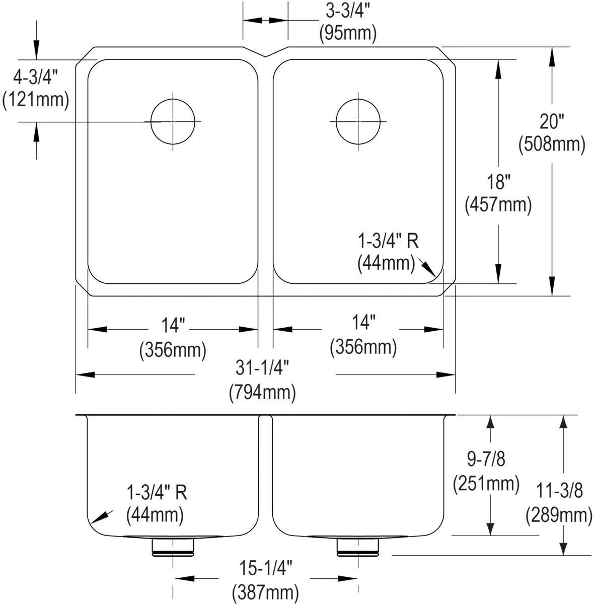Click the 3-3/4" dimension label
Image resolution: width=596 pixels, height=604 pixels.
tap(348, 12)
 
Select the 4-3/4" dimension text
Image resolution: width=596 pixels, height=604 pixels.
tap(35, 77)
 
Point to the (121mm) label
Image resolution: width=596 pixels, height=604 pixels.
tap(35, 100)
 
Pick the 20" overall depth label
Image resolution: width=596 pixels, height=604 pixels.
tap(552, 122)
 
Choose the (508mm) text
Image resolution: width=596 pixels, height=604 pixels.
tap(552, 144)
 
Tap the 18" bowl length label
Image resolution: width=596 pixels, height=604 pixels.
tap(498, 182)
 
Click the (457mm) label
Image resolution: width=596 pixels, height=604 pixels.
tap(498, 205)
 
